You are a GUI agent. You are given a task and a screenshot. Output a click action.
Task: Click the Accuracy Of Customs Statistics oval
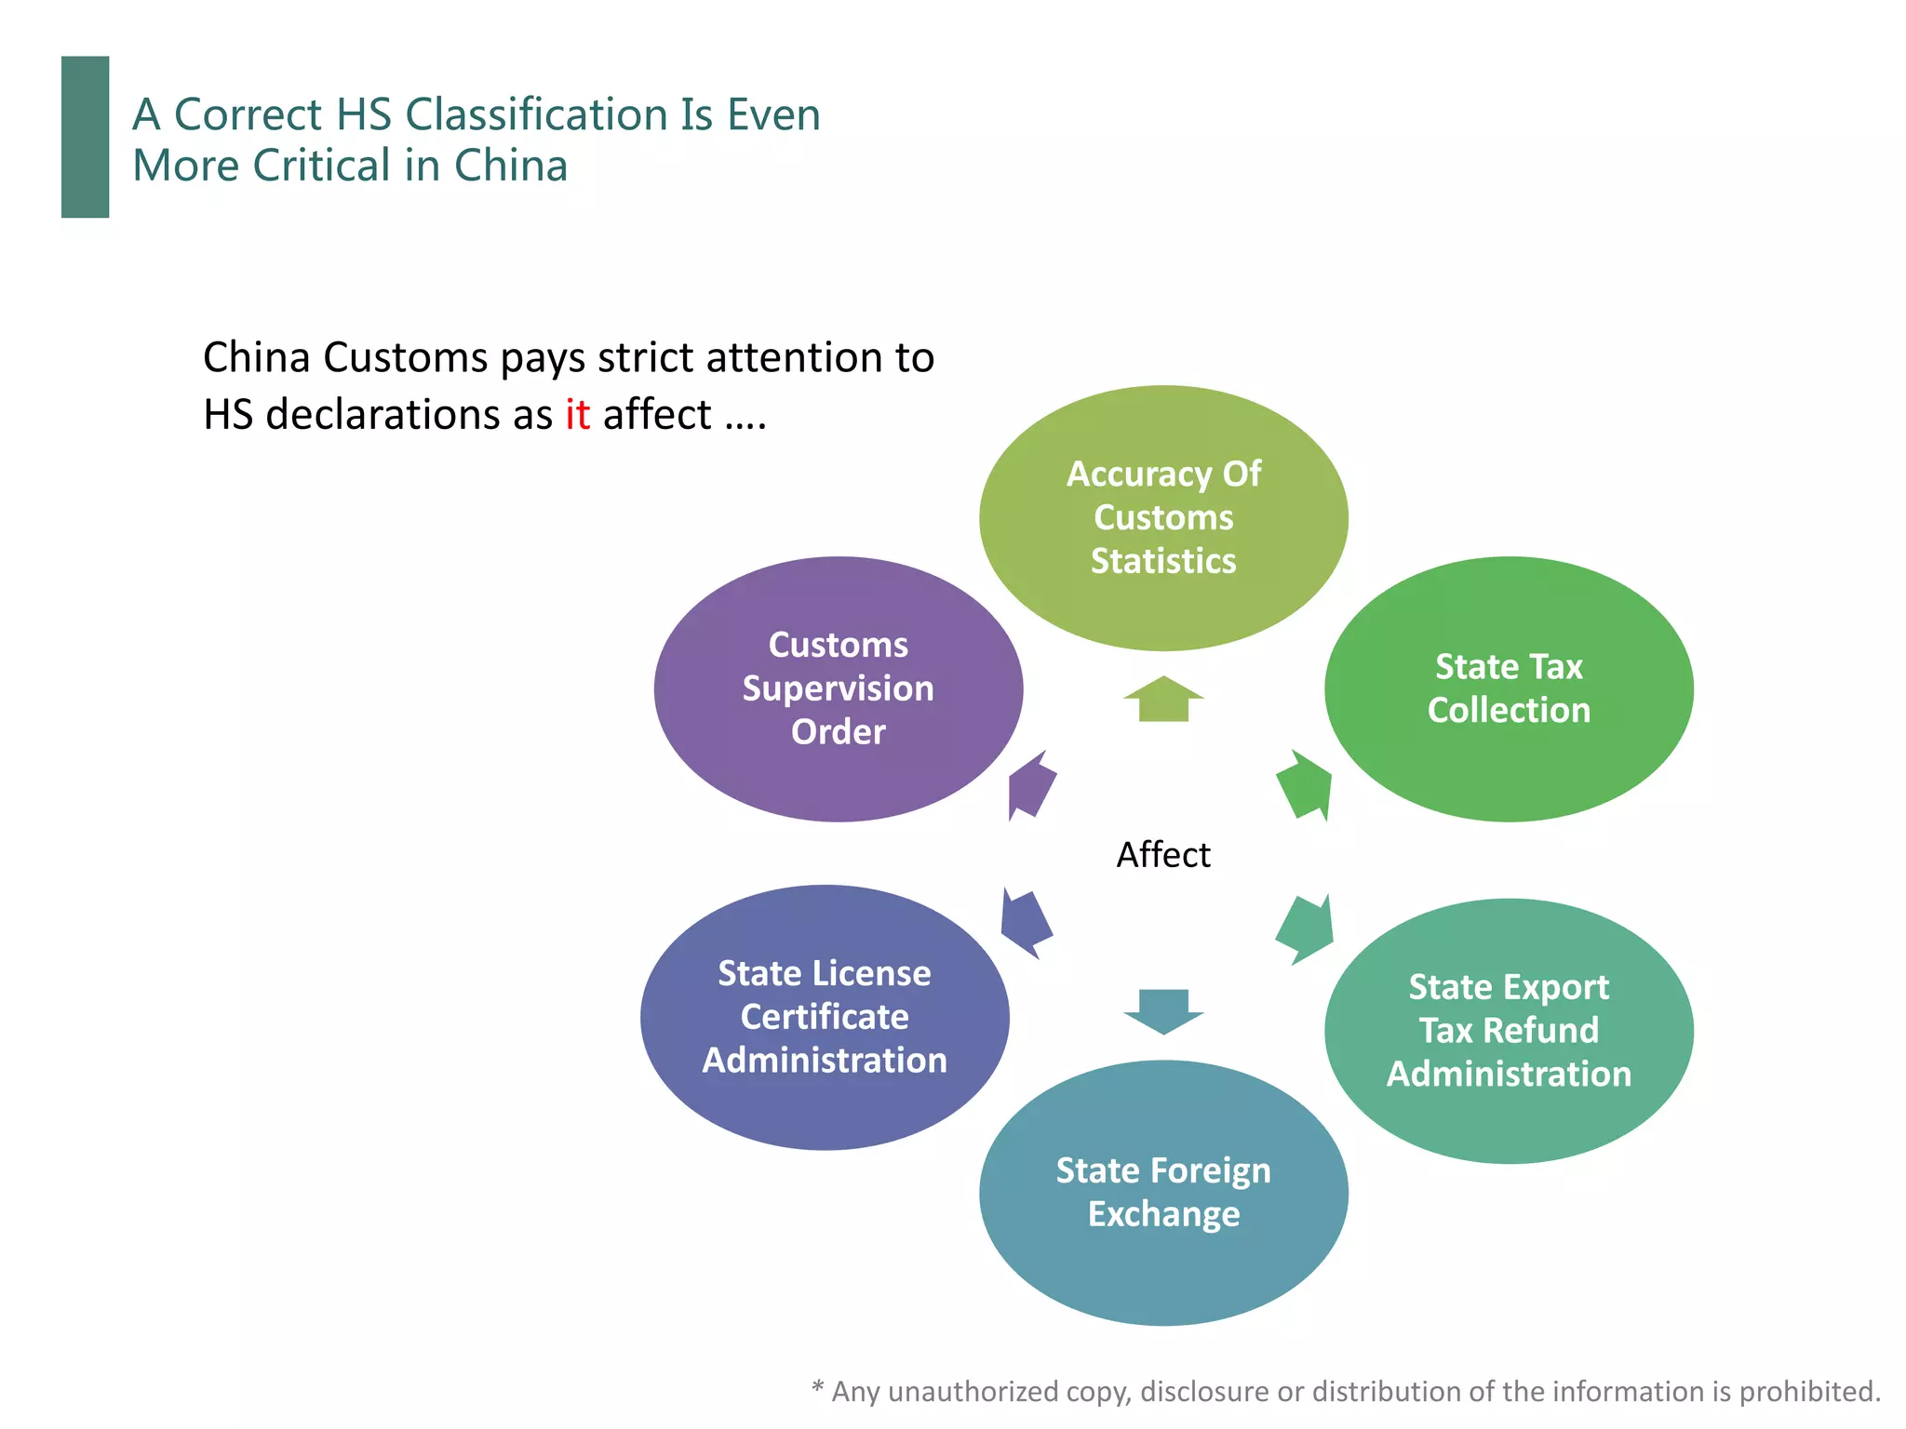1163,518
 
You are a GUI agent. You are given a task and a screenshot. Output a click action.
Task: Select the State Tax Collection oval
1509,688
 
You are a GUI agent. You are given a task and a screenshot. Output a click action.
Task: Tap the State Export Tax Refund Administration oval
1509,1031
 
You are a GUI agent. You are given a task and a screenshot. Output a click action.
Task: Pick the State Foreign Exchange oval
1163,1193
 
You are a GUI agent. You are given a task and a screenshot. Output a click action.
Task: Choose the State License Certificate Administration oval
825,1017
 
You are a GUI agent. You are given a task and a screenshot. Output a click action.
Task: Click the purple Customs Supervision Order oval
839,688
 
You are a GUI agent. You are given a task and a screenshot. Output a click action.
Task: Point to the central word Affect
1163,854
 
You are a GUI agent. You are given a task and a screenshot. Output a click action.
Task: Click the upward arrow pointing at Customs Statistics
1163,699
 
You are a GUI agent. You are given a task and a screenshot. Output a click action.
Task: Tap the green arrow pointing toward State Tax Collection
1305,784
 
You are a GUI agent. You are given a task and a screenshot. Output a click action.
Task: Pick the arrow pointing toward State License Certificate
1026,923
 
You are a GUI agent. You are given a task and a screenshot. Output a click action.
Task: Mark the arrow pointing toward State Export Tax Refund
1305,928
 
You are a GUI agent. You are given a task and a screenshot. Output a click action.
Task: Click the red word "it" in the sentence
577,414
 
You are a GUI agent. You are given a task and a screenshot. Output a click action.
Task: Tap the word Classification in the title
536,114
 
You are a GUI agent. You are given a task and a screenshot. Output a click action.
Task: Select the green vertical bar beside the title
85,137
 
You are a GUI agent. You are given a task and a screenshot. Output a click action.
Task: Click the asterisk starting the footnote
817,1389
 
